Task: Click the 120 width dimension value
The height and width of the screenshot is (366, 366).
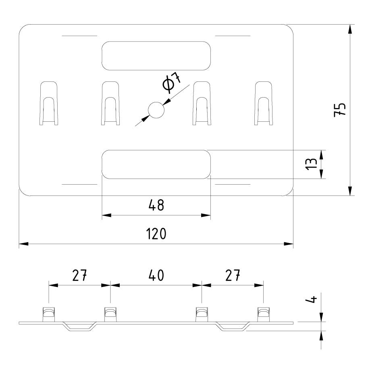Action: pos(156,234)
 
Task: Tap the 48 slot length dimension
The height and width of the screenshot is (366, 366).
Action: pos(156,205)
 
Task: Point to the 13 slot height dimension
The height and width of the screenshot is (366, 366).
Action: pos(310,164)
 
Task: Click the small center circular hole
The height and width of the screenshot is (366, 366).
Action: pos(156,110)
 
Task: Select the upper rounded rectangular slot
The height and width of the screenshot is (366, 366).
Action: pos(156,55)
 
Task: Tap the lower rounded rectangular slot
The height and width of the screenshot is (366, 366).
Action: pos(156,164)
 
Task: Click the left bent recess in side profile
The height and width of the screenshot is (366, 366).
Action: pos(81,326)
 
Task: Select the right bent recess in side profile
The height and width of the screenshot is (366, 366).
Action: pos(233,326)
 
